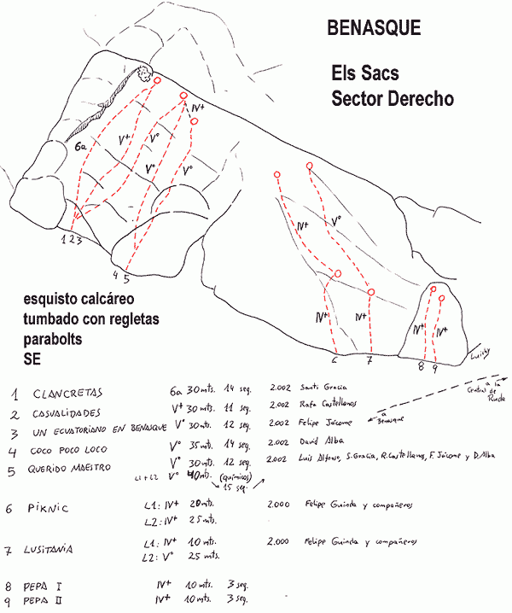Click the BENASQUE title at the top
374,28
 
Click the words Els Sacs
365,73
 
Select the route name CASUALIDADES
74,414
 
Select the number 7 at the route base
369,360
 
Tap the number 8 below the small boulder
421,368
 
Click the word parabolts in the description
56,336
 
